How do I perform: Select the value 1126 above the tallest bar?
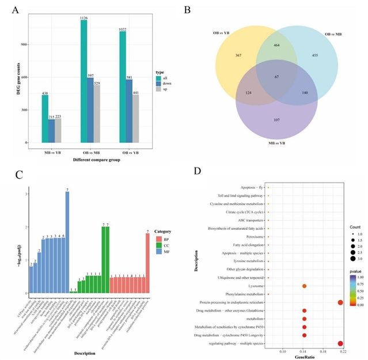coord(84,18)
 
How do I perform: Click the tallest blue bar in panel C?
coord(67,242)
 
